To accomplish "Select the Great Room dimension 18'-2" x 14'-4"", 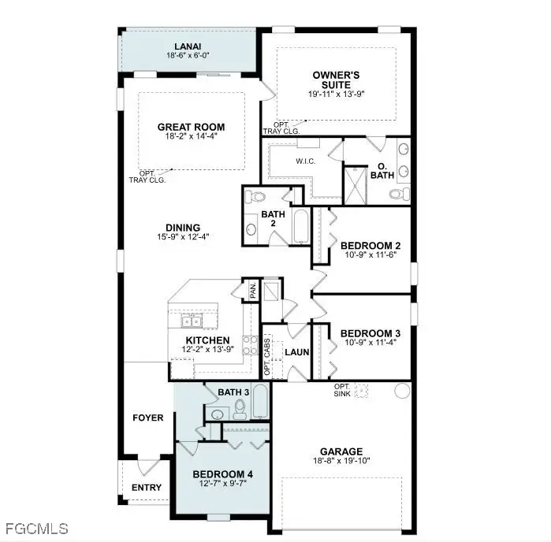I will click(190, 136).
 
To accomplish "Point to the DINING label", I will click(183, 227).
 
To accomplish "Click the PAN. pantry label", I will click(252, 290).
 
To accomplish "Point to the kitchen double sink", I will click(192, 320).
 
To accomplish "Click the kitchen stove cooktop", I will click(249, 344).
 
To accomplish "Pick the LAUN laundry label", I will click(297, 352).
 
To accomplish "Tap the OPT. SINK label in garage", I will click(342, 391).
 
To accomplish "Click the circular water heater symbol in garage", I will click(400, 390).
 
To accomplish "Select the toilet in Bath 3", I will click(240, 407).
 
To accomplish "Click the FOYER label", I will click(148, 418).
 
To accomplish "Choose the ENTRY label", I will click(146, 488).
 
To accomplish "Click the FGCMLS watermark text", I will click(36, 528).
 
